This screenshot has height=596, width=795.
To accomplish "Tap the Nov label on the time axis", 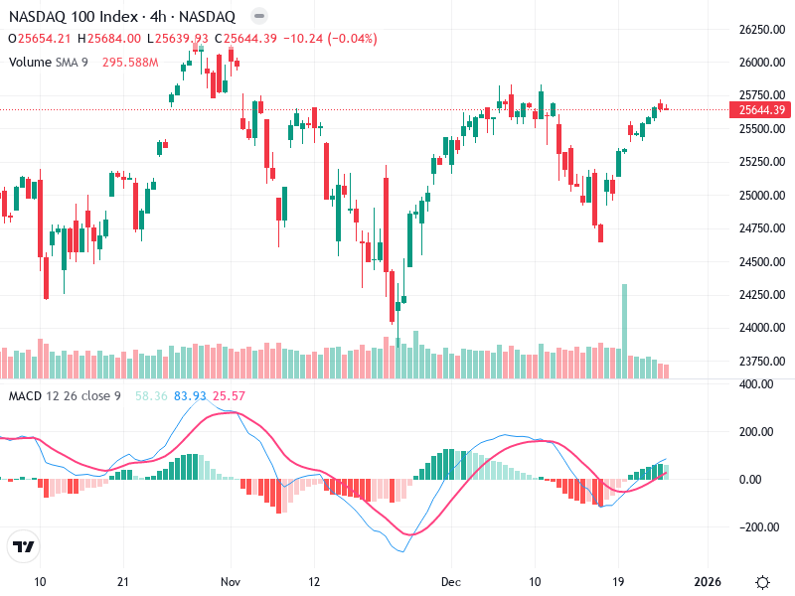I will (231, 581).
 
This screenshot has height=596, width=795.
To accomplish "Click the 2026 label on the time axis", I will (707, 581).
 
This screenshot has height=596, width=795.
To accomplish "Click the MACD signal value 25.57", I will (229, 396).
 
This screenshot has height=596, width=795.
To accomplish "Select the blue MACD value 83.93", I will (190, 396).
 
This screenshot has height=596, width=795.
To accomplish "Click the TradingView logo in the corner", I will (24, 546).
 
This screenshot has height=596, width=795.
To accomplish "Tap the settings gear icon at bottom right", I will (762, 581).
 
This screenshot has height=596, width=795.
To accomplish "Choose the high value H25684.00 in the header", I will (109, 39).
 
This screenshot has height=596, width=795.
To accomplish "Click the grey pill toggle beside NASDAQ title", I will (258, 16).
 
